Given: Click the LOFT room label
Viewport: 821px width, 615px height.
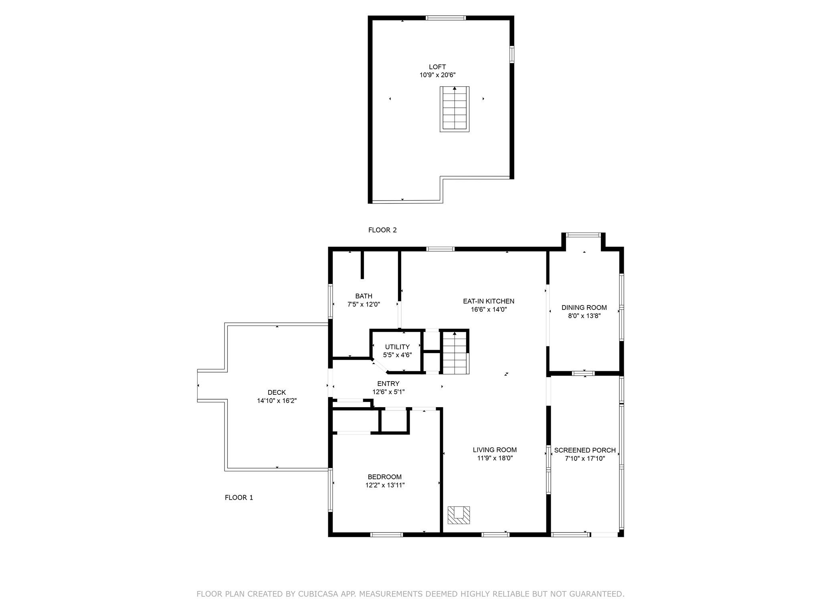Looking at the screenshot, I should (x=437, y=67).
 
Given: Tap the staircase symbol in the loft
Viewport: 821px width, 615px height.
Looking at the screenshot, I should (x=454, y=109).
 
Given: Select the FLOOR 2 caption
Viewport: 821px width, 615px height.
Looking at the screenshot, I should (x=382, y=230).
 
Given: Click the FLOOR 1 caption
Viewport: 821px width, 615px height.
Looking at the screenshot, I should (x=239, y=497).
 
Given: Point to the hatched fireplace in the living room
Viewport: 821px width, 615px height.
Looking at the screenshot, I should (x=459, y=515).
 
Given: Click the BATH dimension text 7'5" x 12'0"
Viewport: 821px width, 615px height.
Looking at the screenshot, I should (x=363, y=304).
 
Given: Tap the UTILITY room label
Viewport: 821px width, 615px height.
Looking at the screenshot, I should (x=397, y=347).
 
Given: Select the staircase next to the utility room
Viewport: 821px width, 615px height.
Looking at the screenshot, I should (x=455, y=352).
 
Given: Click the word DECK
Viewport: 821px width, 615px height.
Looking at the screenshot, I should (x=277, y=392).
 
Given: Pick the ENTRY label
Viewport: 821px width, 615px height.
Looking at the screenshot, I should (x=388, y=384).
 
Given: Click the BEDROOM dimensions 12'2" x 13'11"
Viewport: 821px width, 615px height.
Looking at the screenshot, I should (x=384, y=485).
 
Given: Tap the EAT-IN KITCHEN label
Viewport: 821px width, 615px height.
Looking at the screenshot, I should (x=488, y=301).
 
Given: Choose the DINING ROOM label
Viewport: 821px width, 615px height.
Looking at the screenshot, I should (x=584, y=307).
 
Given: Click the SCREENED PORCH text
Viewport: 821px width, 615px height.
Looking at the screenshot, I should (x=584, y=450).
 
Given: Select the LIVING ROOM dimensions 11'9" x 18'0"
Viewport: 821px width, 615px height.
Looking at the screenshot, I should (x=495, y=458).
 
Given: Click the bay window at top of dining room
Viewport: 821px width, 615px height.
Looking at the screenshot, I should (x=583, y=235).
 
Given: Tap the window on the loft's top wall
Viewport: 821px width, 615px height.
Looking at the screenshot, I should (x=445, y=18).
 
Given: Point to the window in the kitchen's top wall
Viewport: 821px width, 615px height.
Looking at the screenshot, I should (x=440, y=249).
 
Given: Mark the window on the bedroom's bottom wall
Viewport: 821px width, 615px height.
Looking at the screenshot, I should (x=386, y=535).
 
